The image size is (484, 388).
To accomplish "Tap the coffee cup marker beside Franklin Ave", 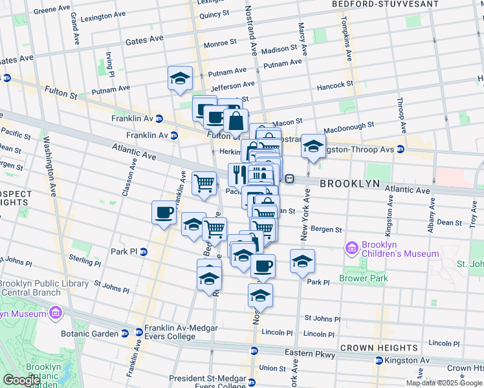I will (164, 212).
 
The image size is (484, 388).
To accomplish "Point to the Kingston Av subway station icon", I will (379, 360).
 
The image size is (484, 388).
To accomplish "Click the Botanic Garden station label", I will (91, 334).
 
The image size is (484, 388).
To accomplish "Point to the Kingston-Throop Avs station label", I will (358, 149).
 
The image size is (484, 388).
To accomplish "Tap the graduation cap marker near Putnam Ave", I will (180, 78).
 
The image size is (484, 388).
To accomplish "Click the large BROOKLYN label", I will (348, 184).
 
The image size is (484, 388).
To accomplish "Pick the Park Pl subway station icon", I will (144, 252).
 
